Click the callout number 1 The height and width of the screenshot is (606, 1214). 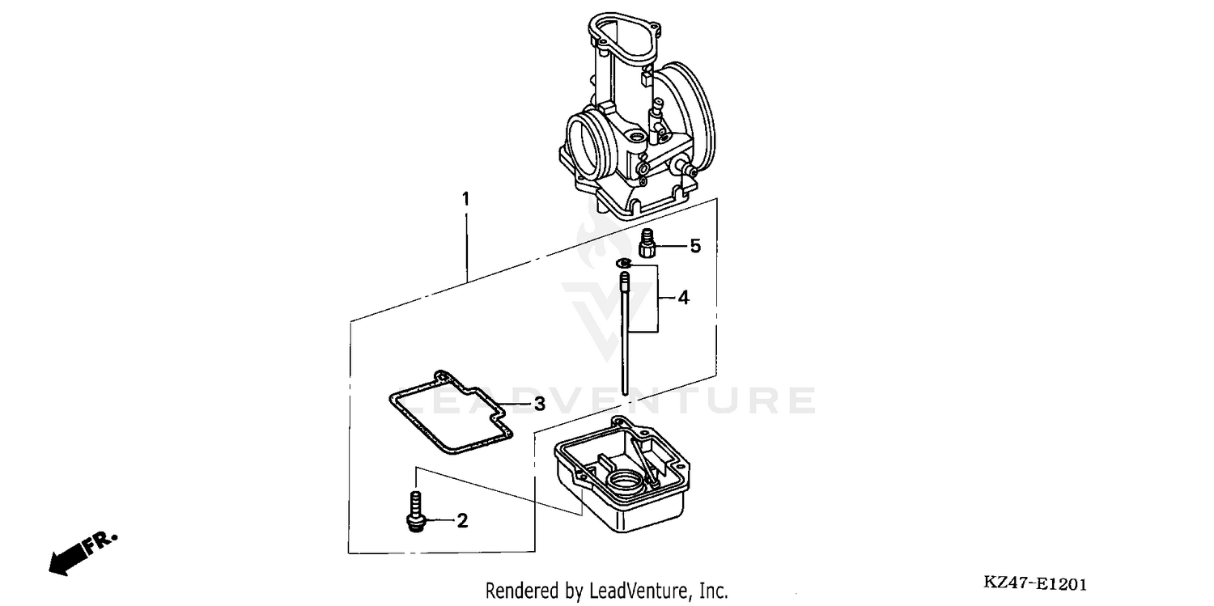(465, 198)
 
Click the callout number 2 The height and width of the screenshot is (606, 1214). (462, 521)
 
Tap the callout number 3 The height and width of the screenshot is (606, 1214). (538, 403)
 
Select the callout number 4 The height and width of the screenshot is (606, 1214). (683, 299)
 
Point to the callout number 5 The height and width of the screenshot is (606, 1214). (694, 246)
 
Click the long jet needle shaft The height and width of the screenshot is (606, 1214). (626, 340)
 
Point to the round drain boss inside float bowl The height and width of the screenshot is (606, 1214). (627, 486)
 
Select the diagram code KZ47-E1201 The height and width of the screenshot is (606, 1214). (1034, 584)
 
